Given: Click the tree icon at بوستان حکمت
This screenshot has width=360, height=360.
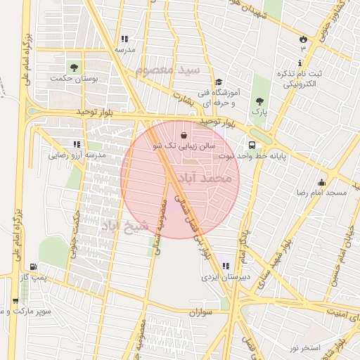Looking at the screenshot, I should [73, 67].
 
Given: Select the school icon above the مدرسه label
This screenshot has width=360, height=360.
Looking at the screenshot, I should [124, 39].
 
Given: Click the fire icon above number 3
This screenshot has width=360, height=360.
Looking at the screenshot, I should [303, 38].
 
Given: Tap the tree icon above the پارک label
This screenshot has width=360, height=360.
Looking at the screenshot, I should [260, 101].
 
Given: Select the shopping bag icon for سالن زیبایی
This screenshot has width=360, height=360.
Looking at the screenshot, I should [184, 134].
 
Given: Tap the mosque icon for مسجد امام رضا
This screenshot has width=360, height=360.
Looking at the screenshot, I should [321, 182].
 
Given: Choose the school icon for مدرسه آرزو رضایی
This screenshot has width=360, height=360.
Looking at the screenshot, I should [77, 144].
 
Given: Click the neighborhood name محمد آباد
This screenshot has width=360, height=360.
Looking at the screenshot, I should [206, 179].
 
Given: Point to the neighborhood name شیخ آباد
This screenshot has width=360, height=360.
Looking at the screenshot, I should [126, 226].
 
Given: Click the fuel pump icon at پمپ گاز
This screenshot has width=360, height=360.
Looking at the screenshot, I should [33, 267].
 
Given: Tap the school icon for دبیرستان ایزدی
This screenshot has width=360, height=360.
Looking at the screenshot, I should [225, 266].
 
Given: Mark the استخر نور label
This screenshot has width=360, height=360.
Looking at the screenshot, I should [304, 348].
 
